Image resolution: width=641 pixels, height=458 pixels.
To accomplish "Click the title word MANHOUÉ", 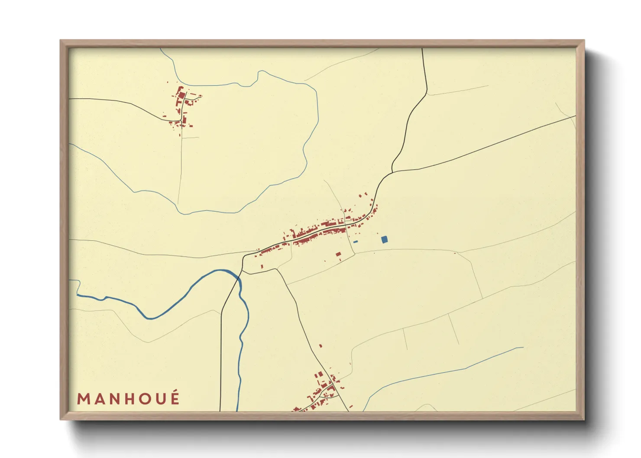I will pyautogui.click(x=128, y=398).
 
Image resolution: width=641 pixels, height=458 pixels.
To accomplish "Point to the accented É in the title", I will pyautogui.click(x=175, y=397).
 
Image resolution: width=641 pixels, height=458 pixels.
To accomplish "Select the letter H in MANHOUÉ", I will pyautogui.click(x=128, y=399).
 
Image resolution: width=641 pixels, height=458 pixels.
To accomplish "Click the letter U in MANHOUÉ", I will pyautogui.click(x=159, y=399).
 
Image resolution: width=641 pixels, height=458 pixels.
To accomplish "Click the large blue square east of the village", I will pyautogui.click(x=384, y=239).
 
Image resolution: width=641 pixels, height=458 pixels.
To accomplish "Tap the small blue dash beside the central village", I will pyautogui.click(x=356, y=242).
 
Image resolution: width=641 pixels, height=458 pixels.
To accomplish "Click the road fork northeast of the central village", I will pyautogui.click(x=392, y=172).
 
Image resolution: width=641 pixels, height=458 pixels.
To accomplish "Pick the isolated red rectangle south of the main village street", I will pyautogui.click(x=338, y=254).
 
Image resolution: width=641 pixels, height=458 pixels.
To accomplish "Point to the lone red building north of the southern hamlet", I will pyautogui.click(x=320, y=346).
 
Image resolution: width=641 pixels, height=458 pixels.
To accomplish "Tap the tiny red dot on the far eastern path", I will pyautogui.click(x=455, y=253).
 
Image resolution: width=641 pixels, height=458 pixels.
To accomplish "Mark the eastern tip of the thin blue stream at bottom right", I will pyautogui.click(x=523, y=347).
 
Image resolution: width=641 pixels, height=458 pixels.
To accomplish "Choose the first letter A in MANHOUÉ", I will pyautogui.click(x=98, y=399).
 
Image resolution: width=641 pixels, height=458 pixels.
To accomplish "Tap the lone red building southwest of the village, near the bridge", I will pyautogui.click(x=262, y=266).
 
